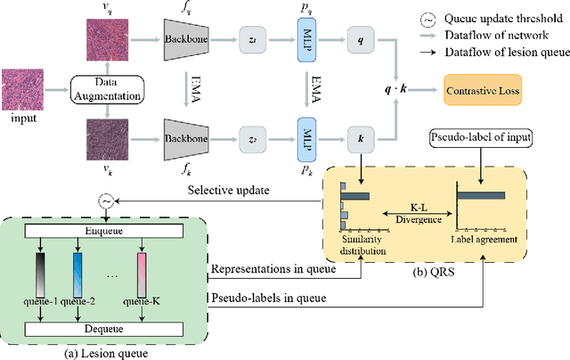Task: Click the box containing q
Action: click(361, 41)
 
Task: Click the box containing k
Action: click(361, 140)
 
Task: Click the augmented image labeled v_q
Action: click(105, 41)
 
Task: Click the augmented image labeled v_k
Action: click(105, 140)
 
